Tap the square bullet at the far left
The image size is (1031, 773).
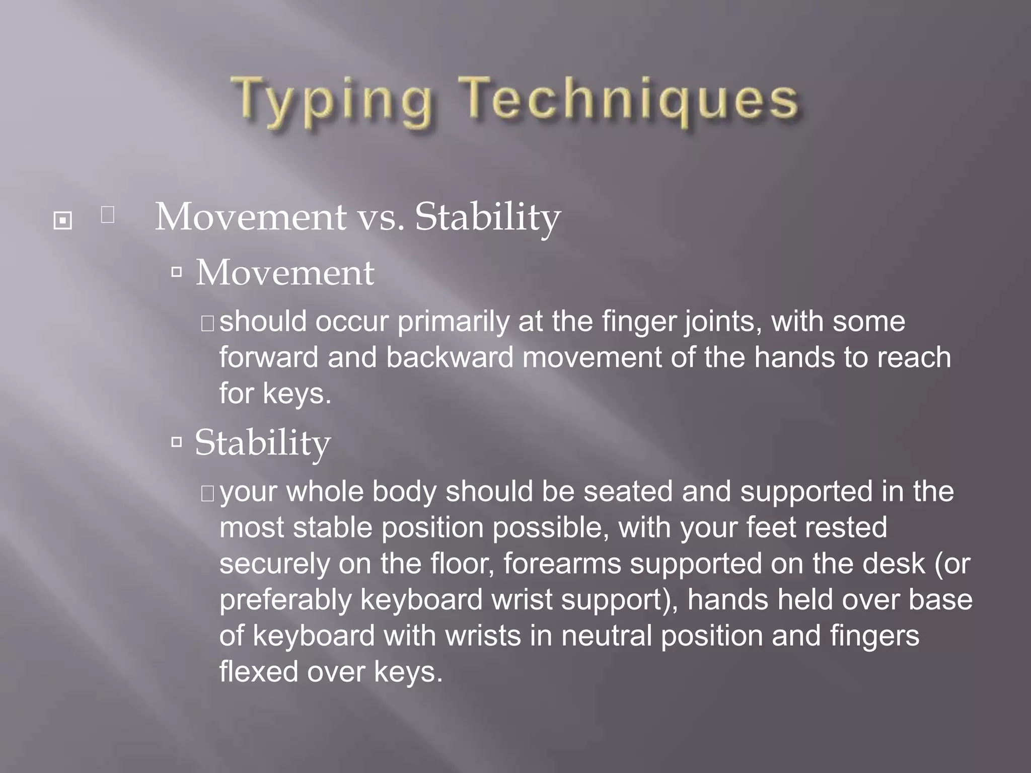(62, 220)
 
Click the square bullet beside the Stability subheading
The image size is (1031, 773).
(176, 442)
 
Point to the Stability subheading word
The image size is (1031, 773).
(262, 443)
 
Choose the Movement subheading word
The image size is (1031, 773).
(284, 273)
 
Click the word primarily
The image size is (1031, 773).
(453, 322)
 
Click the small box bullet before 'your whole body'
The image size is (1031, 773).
(207, 494)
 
